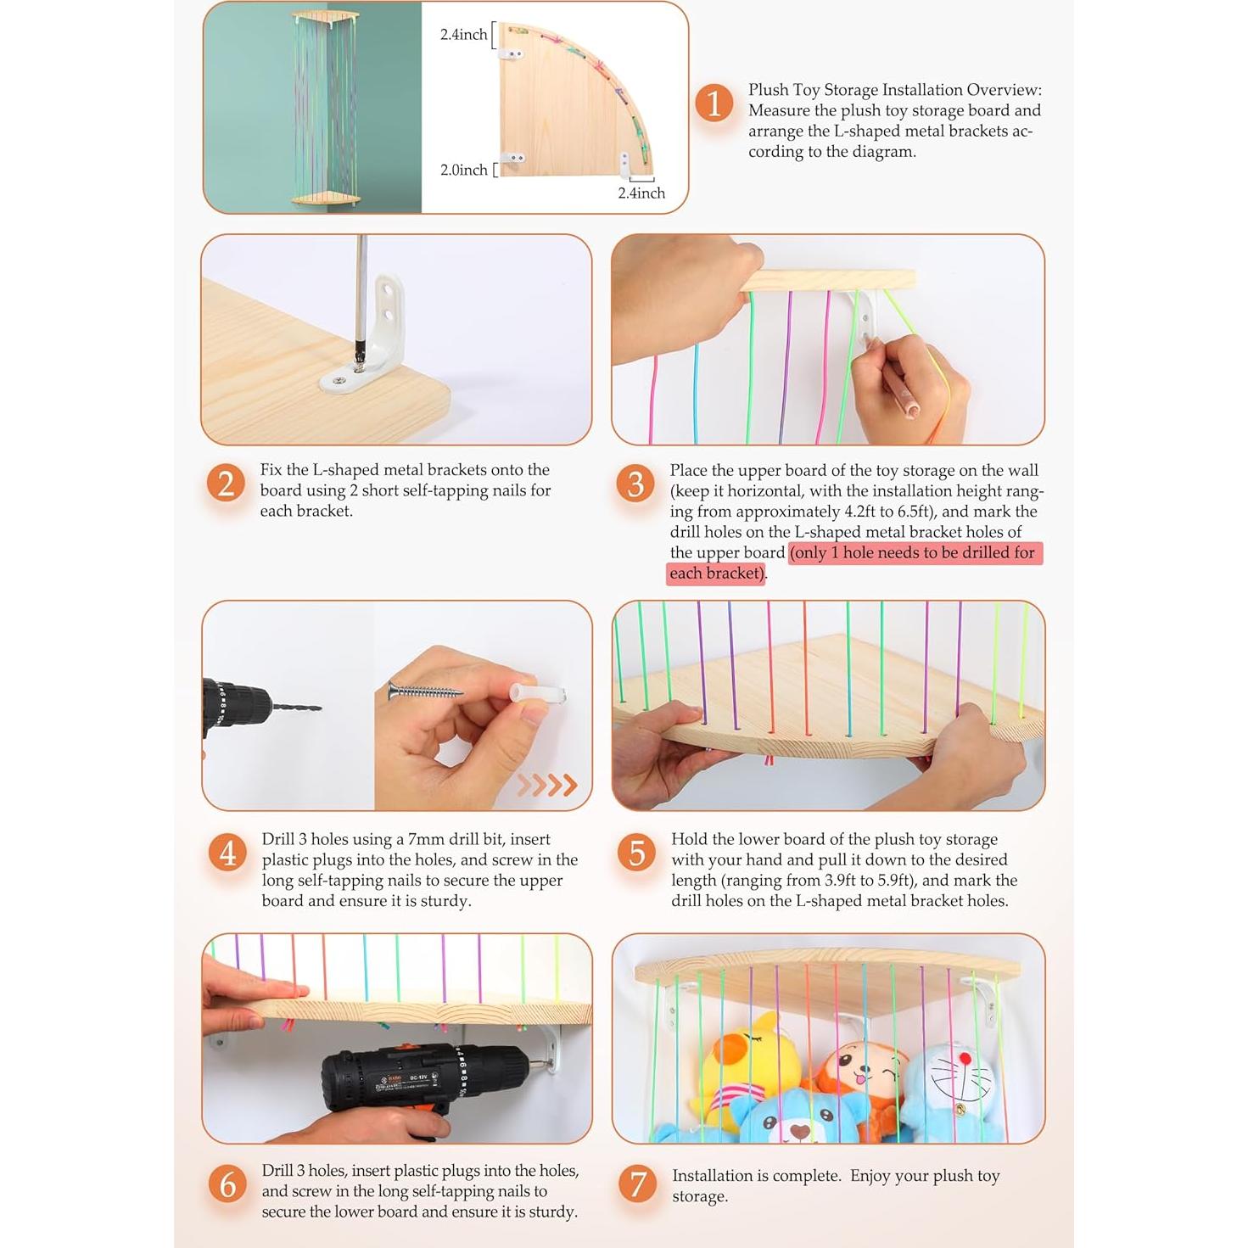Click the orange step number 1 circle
(x=714, y=104)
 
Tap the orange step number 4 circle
(x=227, y=853)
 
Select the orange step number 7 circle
(x=638, y=1184)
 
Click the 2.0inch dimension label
(x=464, y=170)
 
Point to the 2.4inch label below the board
(x=641, y=193)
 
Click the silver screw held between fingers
(x=425, y=692)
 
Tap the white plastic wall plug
(x=539, y=693)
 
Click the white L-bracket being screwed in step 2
(x=368, y=337)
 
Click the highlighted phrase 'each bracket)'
(x=716, y=574)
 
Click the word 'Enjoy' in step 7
(x=871, y=1176)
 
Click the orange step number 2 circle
(x=226, y=484)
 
